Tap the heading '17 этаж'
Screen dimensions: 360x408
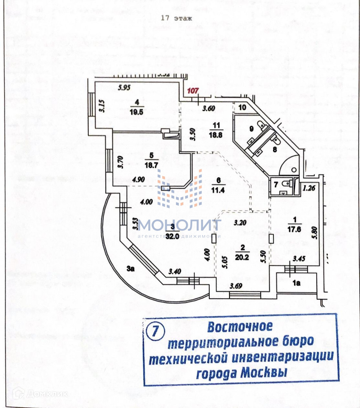pyautogui.click(x=176, y=18)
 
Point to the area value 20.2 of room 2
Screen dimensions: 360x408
pyautogui.click(x=242, y=257)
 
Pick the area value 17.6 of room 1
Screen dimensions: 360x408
pyautogui.click(x=295, y=229)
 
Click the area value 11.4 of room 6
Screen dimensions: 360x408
pyautogui.click(x=219, y=191)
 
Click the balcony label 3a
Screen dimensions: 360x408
pyautogui.click(x=130, y=268)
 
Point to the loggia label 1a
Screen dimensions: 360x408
pyautogui.click(x=296, y=283)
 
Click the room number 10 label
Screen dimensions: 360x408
pyautogui.click(x=242, y=107)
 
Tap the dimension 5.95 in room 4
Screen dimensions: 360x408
pyautogui.click(x=124, y=88)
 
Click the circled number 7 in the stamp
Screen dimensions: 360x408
pyautogui.click(x=155, y=331)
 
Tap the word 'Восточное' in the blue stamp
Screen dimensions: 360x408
pyautogui.click(x=240, y=327)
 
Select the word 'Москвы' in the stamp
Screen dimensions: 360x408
pyautogui.click(x=264, y=372)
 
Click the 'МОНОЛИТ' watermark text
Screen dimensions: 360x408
pyautogui.click(x=179, y=225)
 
